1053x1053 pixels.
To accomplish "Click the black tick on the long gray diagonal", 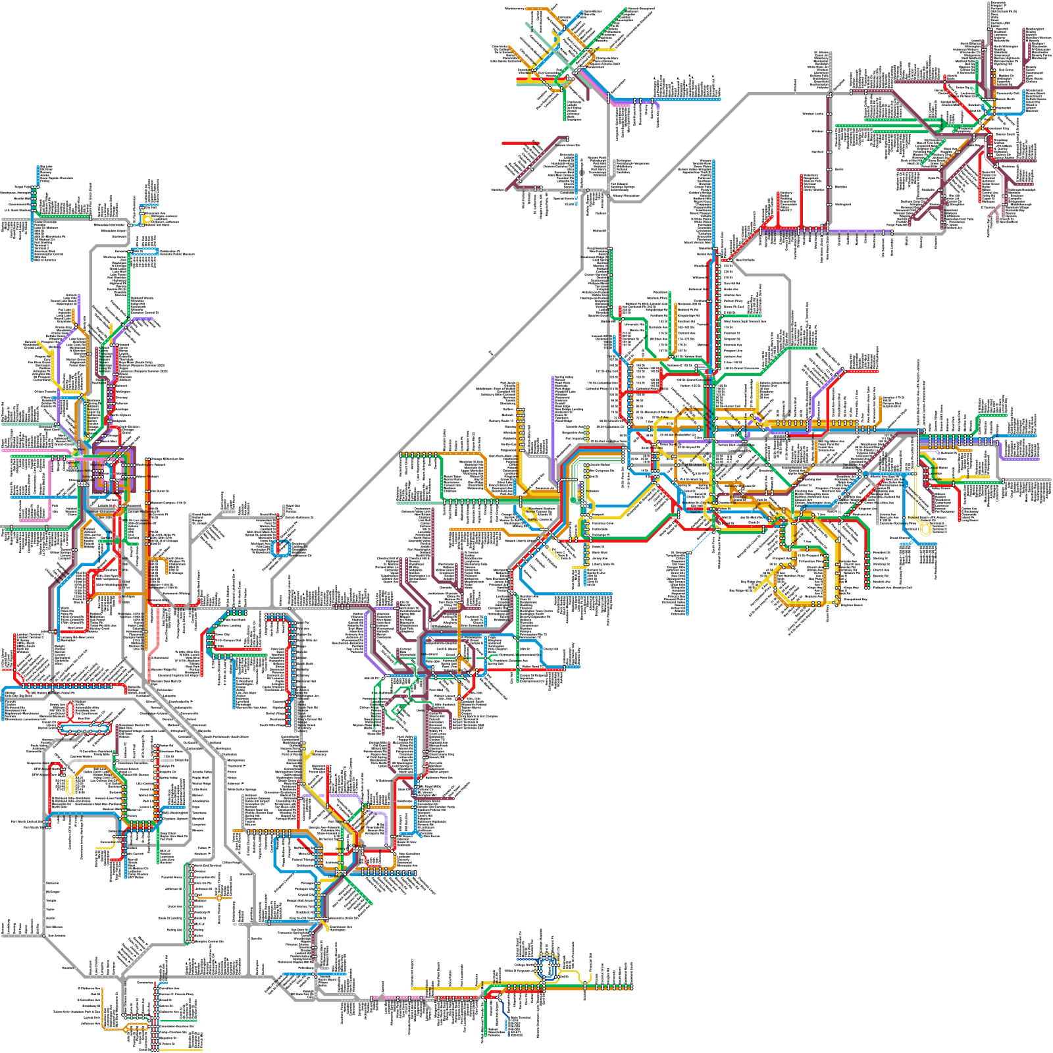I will [x=492, y=354].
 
